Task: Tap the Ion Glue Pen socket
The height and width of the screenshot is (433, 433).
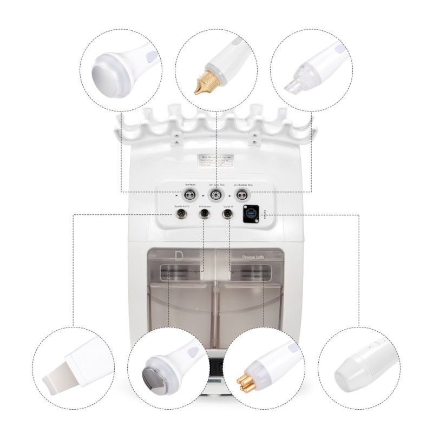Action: pyautogui.click(x=216, y=193)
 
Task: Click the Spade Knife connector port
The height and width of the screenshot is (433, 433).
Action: pyautogui.click(x=180, y=214)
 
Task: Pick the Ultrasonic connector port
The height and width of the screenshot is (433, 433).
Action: pyautogui.click(x=205, y=214)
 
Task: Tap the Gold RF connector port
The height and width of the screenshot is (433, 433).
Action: pyautogui.click(x=228, y=214)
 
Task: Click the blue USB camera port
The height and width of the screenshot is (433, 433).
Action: pyautogui.click(x=252, y=214)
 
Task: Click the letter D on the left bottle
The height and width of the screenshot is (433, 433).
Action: pyautogui.click(x=179, y=254)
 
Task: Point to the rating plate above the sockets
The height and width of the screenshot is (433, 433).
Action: pyautogui.click(x=216, y=161)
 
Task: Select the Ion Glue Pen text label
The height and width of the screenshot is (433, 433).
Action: pyautogui.click(x=216, y=185)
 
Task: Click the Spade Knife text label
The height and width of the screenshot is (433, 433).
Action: pyautogui.click(x=180, y=207)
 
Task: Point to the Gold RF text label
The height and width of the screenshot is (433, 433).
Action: pyautogui.click(x=228, y=207)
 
